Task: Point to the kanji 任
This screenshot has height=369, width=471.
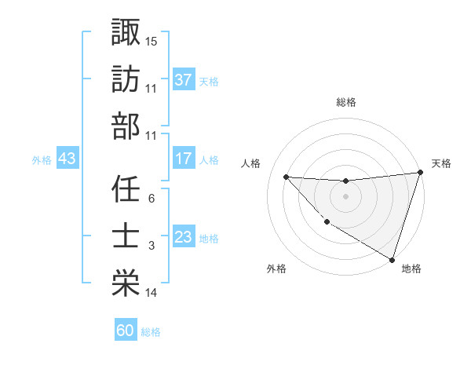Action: click(126, 188)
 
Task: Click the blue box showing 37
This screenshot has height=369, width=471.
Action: click(183, 80)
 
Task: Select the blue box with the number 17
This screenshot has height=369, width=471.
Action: click(183, 159)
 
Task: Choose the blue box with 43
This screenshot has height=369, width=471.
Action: click(67, 159)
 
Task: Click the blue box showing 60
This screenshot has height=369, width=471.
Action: click(125, 331)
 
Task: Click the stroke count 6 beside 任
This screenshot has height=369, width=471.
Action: click(151, 199)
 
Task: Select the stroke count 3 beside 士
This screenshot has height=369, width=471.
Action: click(151, 246)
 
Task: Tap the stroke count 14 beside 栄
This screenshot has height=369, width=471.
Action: click(152, 293)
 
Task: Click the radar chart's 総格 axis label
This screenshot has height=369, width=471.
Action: click(346, 102)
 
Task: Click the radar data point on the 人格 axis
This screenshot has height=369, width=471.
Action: click(286, 177)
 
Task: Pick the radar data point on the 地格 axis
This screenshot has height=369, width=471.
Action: click(392, 259)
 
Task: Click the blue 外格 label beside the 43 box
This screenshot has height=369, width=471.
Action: click(42, 159)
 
